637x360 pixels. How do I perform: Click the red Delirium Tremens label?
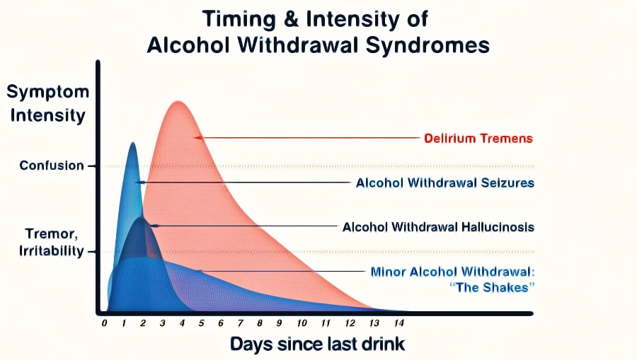(x=478, y=139)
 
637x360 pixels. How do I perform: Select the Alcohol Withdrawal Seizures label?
(x=445, y=182)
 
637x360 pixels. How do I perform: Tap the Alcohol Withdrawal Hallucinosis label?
(x=438, y=227)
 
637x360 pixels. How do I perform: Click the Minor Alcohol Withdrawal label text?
(x=452, y=272)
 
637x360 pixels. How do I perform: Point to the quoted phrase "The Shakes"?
(x=492, y=287)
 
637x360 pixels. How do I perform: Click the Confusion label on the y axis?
(x=52, y=166)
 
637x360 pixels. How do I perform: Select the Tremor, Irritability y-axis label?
(x=52, y=243)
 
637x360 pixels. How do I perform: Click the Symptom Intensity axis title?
(x=47, y=103)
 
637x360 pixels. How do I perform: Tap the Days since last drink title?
(x=318, y=344)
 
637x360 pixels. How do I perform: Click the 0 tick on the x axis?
(x=105, y=323)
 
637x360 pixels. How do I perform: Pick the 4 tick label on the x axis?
(x=182, y=323)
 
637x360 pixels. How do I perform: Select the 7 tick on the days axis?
(x=241, y=323)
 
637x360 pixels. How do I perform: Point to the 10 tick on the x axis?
(x=302, y=323)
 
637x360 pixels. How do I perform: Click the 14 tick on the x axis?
(x=399, y=323)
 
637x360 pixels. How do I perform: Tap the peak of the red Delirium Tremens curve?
(x=178, y=101)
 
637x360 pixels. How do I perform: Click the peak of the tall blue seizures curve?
(x=133, y=143)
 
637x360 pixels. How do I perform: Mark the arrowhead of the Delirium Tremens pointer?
(x=198, y=138)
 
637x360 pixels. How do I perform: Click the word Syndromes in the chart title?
(x=427, y=45)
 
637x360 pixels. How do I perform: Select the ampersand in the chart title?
(x=291, y=19)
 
